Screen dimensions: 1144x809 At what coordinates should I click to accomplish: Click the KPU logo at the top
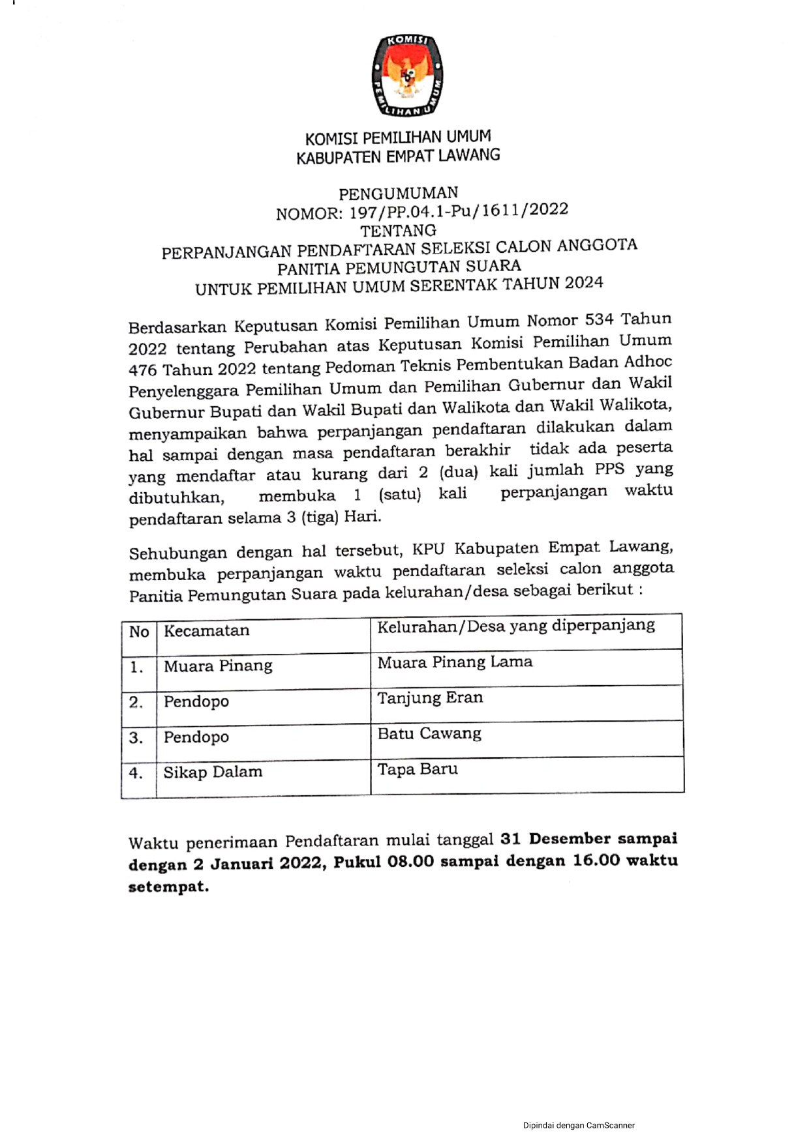tap(407, 76)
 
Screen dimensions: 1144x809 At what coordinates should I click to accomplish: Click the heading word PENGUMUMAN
tap(398, 194)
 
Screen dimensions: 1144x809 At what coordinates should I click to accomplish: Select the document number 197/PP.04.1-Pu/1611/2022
tap(459, 211)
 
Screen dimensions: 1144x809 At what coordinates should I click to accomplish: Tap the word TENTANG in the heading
tap(398, 231)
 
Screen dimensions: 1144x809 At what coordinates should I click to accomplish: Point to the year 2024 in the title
tap(584, 283)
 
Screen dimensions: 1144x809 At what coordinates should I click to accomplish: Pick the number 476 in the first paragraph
tap(142, 370)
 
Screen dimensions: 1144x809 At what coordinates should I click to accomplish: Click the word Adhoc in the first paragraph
tap(648, 362)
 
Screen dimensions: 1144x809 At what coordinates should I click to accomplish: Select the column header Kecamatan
tap(206, 631)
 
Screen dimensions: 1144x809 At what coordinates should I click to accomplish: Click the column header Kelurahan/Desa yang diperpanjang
tap(515, 626)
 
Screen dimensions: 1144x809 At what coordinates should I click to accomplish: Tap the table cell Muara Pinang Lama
tap(455, 662)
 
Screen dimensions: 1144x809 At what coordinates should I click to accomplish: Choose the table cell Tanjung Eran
tap(430, 697)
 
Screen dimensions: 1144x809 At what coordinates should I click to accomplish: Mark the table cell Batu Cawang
tap(429, 733)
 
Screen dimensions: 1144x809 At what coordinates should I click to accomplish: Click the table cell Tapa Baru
tap(418, 769)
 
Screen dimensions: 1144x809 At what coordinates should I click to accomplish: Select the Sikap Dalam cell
tap(213, 772)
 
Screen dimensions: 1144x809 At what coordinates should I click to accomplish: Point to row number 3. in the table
tap(136, 738)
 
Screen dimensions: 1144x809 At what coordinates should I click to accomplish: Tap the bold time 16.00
tap(596, 860)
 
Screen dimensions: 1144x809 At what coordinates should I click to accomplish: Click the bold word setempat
tap(168, 887)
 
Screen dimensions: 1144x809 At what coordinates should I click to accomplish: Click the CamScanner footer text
tap(579, 1125)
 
